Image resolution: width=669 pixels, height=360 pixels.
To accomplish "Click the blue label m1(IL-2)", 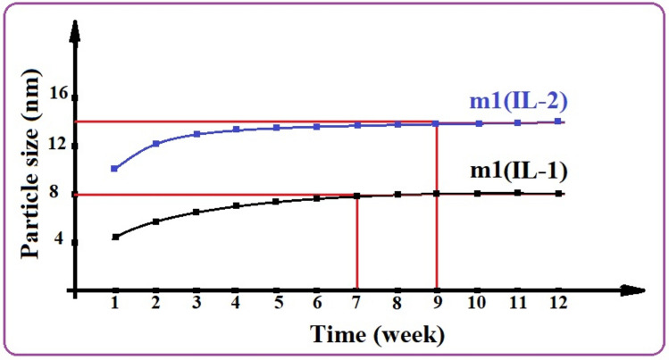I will coord(515,101).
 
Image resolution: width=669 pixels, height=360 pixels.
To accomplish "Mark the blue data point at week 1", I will coord(114,168).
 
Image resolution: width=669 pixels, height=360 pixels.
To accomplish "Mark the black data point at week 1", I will coord(114,237).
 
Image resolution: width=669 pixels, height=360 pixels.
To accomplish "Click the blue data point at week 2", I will coord(155,143).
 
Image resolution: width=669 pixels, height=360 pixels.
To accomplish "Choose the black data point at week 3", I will coord(196,212).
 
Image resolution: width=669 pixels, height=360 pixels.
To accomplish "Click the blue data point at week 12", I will coord(558,121).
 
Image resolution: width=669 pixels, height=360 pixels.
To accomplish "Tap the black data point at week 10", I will coord(478,193).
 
